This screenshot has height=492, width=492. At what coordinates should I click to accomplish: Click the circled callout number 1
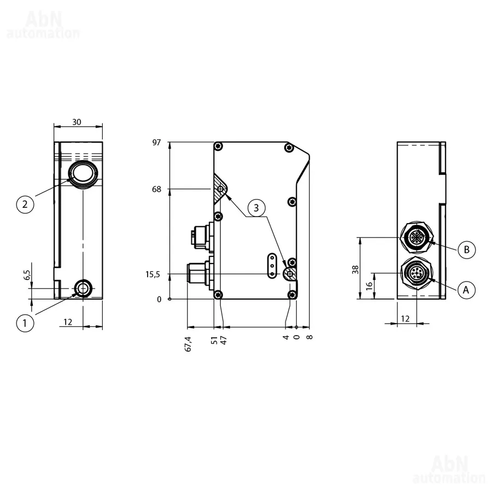tap(25, 323)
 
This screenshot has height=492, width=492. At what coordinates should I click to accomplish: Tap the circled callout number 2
tap(25, 204)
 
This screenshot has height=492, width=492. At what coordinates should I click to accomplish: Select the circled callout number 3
tap(256, 208)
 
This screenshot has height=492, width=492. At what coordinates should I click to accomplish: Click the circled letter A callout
tap(466, 289)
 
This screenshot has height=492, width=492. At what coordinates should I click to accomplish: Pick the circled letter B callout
tap(467, 250)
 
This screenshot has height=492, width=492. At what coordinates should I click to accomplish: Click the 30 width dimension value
tap(77, 122)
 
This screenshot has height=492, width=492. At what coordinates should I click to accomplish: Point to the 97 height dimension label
tap(156, 143)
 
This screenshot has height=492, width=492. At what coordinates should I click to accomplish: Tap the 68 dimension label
tap(156, 189)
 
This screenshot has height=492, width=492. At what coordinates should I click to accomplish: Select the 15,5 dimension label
tap(153, 274)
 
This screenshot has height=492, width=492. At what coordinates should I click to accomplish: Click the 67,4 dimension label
tap(188, 344)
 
